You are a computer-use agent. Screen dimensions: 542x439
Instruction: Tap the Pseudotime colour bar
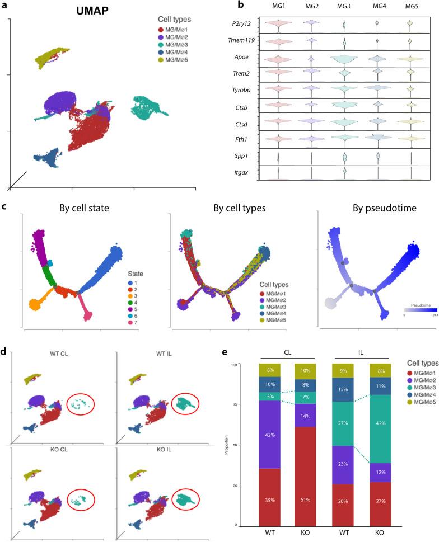point(418,309)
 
